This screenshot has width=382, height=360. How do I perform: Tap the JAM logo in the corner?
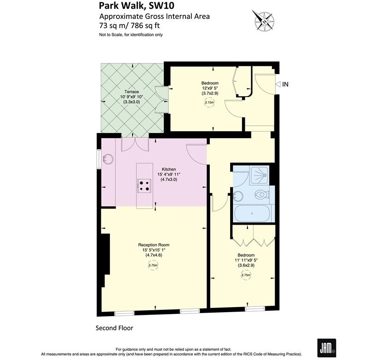(x=325, y=346)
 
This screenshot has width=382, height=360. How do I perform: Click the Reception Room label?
(x=154, y=244)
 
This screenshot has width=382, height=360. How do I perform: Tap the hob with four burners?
(x=144, y=186)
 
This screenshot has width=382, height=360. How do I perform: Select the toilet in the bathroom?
(x=261, y=195)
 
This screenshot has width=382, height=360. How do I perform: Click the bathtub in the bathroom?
(x=253, y=214)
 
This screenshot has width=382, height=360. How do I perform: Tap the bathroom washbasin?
(x=238, y=196)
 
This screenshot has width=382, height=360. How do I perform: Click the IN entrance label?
(x=285, y=84)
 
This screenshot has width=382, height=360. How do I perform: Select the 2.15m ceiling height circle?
(x=209, y=104)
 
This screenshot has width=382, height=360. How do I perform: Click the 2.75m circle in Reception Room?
(x=153, y=266)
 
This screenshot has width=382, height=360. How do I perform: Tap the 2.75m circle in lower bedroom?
(x=246, y=275)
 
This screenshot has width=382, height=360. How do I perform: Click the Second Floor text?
(x=114, y=328)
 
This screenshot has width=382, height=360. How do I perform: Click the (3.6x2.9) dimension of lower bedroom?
(x=246, y=265)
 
